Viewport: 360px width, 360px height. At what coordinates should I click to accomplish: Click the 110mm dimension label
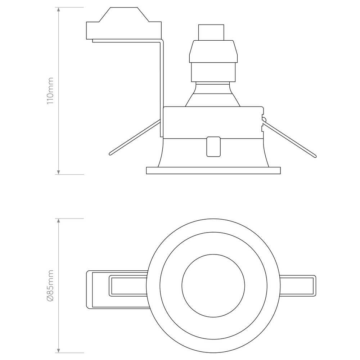click(x=50, y=91)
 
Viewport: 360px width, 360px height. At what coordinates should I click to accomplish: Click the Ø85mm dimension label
click(x=50, y=285)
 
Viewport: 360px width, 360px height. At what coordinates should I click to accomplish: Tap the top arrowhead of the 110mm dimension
click(x=59, y=9)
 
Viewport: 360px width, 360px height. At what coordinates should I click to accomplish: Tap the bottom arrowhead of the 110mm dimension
click(x=59, y=172)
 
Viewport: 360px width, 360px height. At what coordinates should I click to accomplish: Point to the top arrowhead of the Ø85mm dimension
click(x=59, y=221)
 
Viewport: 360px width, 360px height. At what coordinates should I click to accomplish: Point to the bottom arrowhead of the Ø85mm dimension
click(x=59, y=351)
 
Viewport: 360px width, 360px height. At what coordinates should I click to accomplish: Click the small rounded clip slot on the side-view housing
click(x=213, y=147)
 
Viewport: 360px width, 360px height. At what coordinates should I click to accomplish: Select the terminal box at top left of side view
click(x=124, y=23)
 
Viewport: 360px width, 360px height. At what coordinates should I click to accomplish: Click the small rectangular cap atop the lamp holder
click(x=211, y=32)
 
